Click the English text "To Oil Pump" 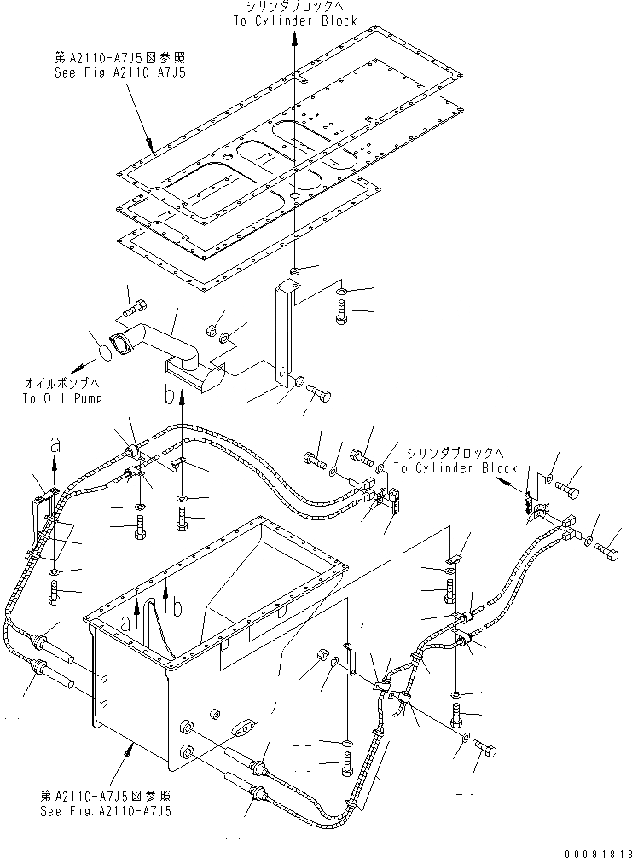pyautogui.click(x=74, y=398)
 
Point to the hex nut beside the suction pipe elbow pyautogui.click(x=212, y=328)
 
